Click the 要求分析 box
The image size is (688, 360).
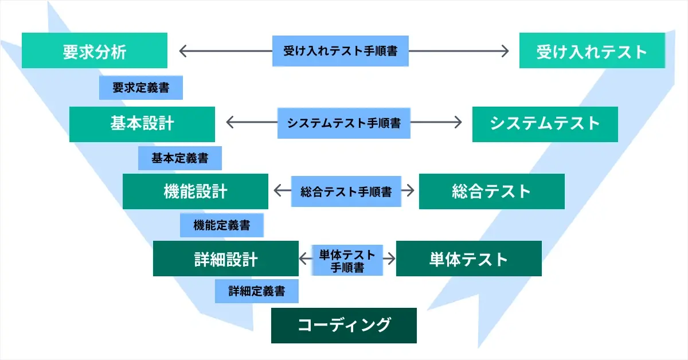coord(95,50)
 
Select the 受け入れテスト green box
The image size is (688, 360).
coord(592,50)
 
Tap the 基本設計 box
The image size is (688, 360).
coord(142,124)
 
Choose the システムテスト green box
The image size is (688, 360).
coord(545,124)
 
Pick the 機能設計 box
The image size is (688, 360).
coord(196,191)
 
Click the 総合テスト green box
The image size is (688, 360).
coord(492,191)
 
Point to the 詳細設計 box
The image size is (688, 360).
coord(226,259)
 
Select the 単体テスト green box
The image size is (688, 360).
coord(469,259)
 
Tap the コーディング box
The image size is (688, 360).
coord(344,326)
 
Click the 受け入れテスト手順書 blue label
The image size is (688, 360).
coord(341,51)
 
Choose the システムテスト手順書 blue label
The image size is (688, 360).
coord(344,123)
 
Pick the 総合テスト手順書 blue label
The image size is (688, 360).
coord(346,191)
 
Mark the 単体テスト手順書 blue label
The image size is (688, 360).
coord(347,260)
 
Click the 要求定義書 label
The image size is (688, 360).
coord(141,88)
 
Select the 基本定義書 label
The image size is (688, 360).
coord(180,158)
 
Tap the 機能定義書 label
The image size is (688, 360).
coord(222,225)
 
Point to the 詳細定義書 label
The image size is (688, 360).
coord(257,291)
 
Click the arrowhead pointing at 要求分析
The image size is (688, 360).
coord(183,51)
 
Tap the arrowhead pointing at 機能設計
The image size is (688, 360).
coord(277,190)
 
